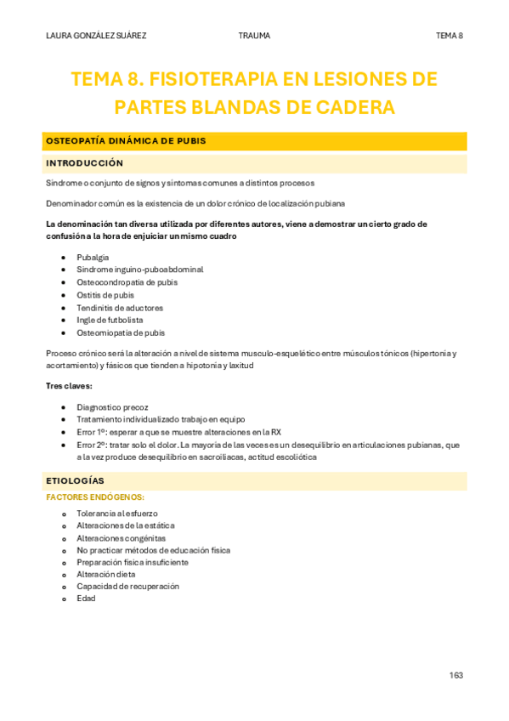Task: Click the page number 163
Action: tap(456, 675)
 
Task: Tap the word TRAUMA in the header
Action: tap(255, 36)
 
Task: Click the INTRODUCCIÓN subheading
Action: tap(84, 163)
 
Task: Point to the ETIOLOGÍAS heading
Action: tap(75, 481)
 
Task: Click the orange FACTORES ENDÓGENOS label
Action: tap(95, 497)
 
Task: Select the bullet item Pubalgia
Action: tap(93, 257)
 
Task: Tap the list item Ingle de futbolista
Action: tap(110, 321)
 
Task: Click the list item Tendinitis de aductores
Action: tap(120, 308)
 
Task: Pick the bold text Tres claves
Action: tap(69, 386)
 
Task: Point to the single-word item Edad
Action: tap(86, 599)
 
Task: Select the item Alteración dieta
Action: tap(105, 574)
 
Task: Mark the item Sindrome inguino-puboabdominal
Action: tap(139, 270)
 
